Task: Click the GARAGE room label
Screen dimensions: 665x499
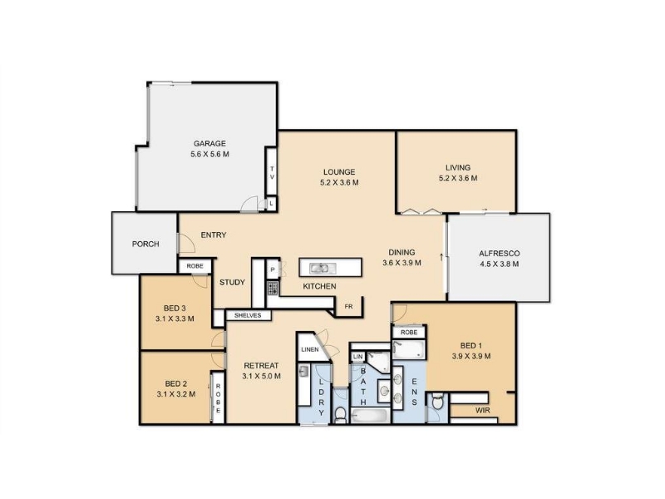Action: [209, 143]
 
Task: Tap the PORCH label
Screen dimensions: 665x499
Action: [145, 244]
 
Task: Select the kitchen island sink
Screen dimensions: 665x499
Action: [323, 268]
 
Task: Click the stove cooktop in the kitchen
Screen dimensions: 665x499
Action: [273, 288]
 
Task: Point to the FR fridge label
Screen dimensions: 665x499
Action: [348, 306]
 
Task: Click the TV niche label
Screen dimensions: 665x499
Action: [272, 173]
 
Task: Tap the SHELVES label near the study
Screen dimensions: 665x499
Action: [248, 315]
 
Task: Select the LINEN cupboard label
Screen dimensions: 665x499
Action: [310, 349]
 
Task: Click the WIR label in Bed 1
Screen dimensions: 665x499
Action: [483, 410]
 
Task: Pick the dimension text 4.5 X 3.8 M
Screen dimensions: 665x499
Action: [500, 264]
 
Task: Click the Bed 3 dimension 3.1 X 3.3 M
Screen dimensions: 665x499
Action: [175, 319]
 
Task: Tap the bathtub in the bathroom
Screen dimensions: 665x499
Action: [370, 416]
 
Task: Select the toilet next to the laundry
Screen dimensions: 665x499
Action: [341, 415]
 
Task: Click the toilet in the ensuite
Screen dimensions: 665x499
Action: [437, 401]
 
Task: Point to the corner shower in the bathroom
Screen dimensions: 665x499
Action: [378, 362]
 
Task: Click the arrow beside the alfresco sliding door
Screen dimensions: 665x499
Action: [441, 257]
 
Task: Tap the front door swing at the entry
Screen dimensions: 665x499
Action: [185, 243]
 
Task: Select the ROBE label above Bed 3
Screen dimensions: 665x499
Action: [195, 266]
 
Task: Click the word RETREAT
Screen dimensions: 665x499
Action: [261, 365]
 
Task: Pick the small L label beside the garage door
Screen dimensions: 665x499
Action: [272, 204]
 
